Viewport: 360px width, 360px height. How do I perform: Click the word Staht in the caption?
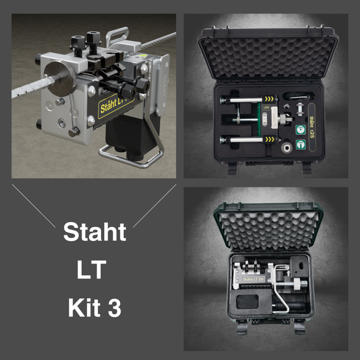tap(94, 231)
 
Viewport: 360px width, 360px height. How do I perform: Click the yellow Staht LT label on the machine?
tap(114, 105)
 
